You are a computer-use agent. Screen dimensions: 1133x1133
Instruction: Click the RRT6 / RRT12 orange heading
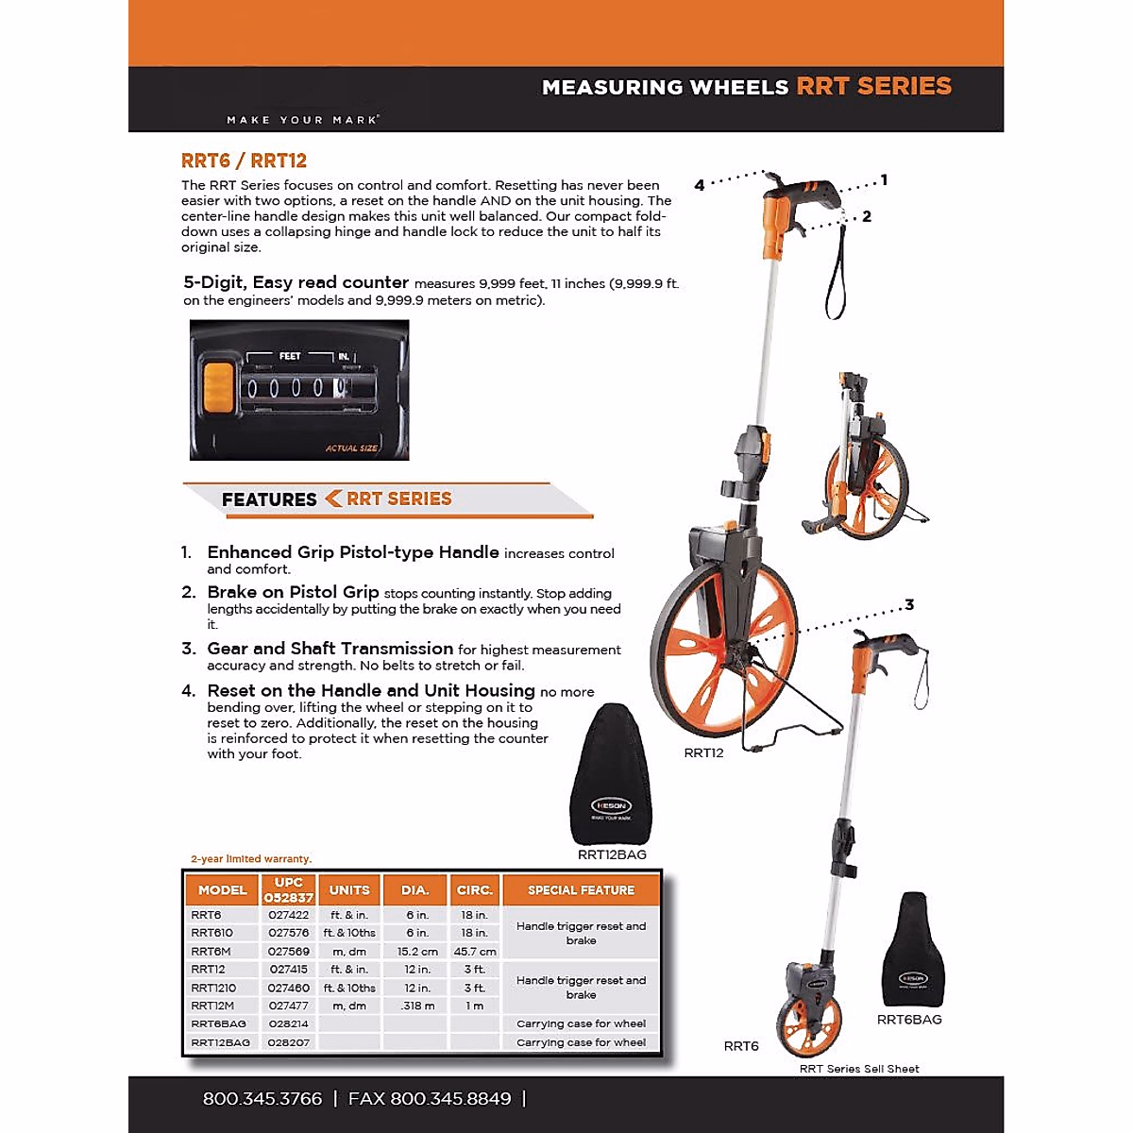coord(244,161)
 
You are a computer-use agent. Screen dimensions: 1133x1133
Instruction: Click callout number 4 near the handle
coord(700,185)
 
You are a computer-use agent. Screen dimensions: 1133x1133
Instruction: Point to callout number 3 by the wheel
coord(909,605)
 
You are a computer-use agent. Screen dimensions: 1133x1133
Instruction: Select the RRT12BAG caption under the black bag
coord(612,854)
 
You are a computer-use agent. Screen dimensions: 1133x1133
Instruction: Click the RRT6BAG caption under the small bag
coord(909,1020)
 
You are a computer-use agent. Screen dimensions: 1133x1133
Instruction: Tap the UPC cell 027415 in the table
coord(288,970)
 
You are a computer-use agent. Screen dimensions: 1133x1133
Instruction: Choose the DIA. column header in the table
coord(415,890)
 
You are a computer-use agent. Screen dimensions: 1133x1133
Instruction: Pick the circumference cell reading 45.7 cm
coord(475,952)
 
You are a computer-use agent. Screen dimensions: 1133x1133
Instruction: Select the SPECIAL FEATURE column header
coord(581,890)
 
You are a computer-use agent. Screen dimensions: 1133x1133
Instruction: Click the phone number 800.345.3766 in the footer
coord(262,1099)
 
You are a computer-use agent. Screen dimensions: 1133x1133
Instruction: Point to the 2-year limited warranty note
coord(250,859)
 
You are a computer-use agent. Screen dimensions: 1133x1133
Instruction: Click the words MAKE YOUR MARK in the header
coord(303,120)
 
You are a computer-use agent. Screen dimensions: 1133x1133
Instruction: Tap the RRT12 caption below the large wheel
coord(703,753)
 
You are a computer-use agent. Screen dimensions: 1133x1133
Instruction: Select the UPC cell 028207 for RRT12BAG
coord(288,1042)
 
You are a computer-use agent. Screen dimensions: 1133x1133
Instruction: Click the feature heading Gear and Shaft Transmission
coord(330,649)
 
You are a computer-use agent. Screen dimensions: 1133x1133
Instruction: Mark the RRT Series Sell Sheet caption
coord(859,1069)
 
